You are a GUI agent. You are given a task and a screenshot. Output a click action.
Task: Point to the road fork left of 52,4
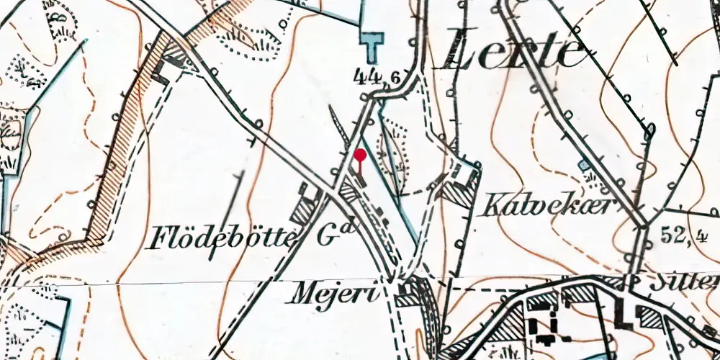click(641, 225)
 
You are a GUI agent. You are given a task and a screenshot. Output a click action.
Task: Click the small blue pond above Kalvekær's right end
click(584, 166)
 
